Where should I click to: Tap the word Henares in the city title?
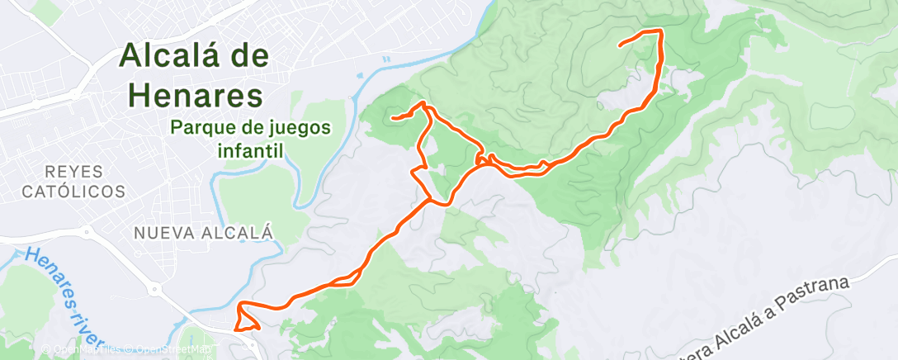(196, 96)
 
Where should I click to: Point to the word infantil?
(250, 151)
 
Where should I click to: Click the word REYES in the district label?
(74, 172)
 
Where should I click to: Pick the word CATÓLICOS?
(73, 192)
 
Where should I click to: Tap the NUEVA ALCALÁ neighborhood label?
(203, 233)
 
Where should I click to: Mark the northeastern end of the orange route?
(621, 45)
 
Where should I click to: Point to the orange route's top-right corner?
(660, 31)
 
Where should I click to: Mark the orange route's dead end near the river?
(393, 119)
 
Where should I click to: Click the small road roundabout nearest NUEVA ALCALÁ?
(153, 289)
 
